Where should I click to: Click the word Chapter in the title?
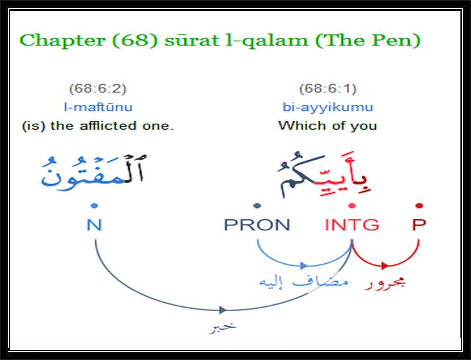(x=62, y=41)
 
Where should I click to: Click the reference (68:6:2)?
(x=98, y=88)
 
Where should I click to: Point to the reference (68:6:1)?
(x=328, y=88)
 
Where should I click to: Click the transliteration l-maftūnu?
(x=98, y=107)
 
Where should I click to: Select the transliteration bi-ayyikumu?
(x=328, y=107)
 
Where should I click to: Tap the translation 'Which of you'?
(x=327, y=125)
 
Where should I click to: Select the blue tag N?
(x=94, y=224)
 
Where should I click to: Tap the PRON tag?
(x=257, y=224)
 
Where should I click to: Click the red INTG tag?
(x=352, y=224)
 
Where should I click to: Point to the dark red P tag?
(x=419, y=224)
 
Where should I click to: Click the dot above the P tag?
(x=420, y=206)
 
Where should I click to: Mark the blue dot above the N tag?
(x=94, y=206)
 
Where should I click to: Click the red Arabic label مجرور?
(x=385, y=283)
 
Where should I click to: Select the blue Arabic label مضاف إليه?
(x=304, y=282)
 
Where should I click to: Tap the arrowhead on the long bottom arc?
(x=223, y=310)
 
